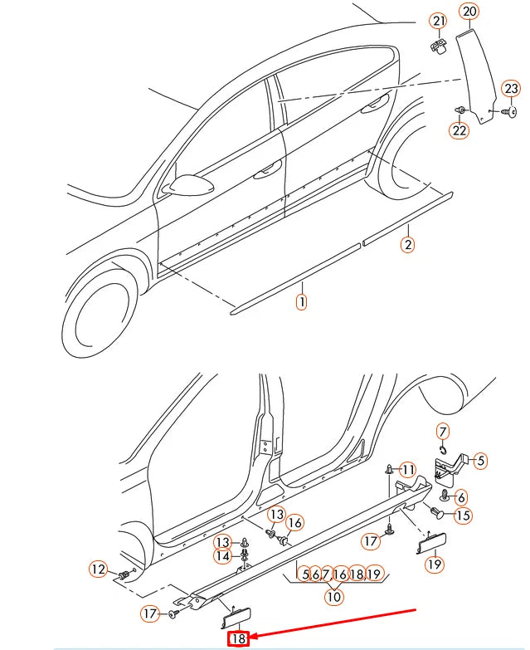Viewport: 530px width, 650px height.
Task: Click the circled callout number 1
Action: tap(301, 303)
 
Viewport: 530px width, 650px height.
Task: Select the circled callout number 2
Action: tap(407, 244)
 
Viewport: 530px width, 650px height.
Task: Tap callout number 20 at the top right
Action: tap(469, 12)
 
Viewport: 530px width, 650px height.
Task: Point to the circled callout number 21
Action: tap(438, 21)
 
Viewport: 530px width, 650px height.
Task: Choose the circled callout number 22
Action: tap(459, 130)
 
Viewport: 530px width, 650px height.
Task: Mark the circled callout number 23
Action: tap(512, 89)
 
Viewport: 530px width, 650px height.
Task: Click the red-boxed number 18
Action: tap(239, 638)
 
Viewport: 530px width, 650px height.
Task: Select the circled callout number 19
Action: tap(434, 564)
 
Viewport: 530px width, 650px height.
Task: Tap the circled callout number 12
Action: tap(99, 569)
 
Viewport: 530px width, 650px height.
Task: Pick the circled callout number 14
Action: tap(223, 556)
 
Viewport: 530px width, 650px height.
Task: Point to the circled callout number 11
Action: tap(407, 470)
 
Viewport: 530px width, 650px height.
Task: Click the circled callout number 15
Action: tap(462, 516)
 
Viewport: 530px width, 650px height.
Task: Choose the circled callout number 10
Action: tap(333, 595)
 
